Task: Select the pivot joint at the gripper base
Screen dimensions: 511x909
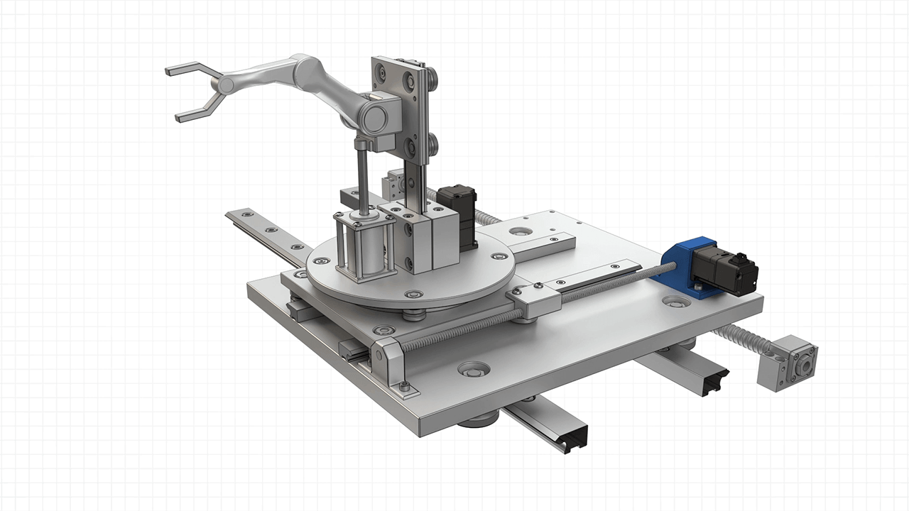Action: (x=226, y=85)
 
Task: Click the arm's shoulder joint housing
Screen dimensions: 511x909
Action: (x=376, y=114)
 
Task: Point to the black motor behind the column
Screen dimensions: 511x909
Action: (x=458, y=213)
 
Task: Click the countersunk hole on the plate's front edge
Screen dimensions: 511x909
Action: (x=474, y=370)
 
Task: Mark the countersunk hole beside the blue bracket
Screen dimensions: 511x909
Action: (x=675, y=302)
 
